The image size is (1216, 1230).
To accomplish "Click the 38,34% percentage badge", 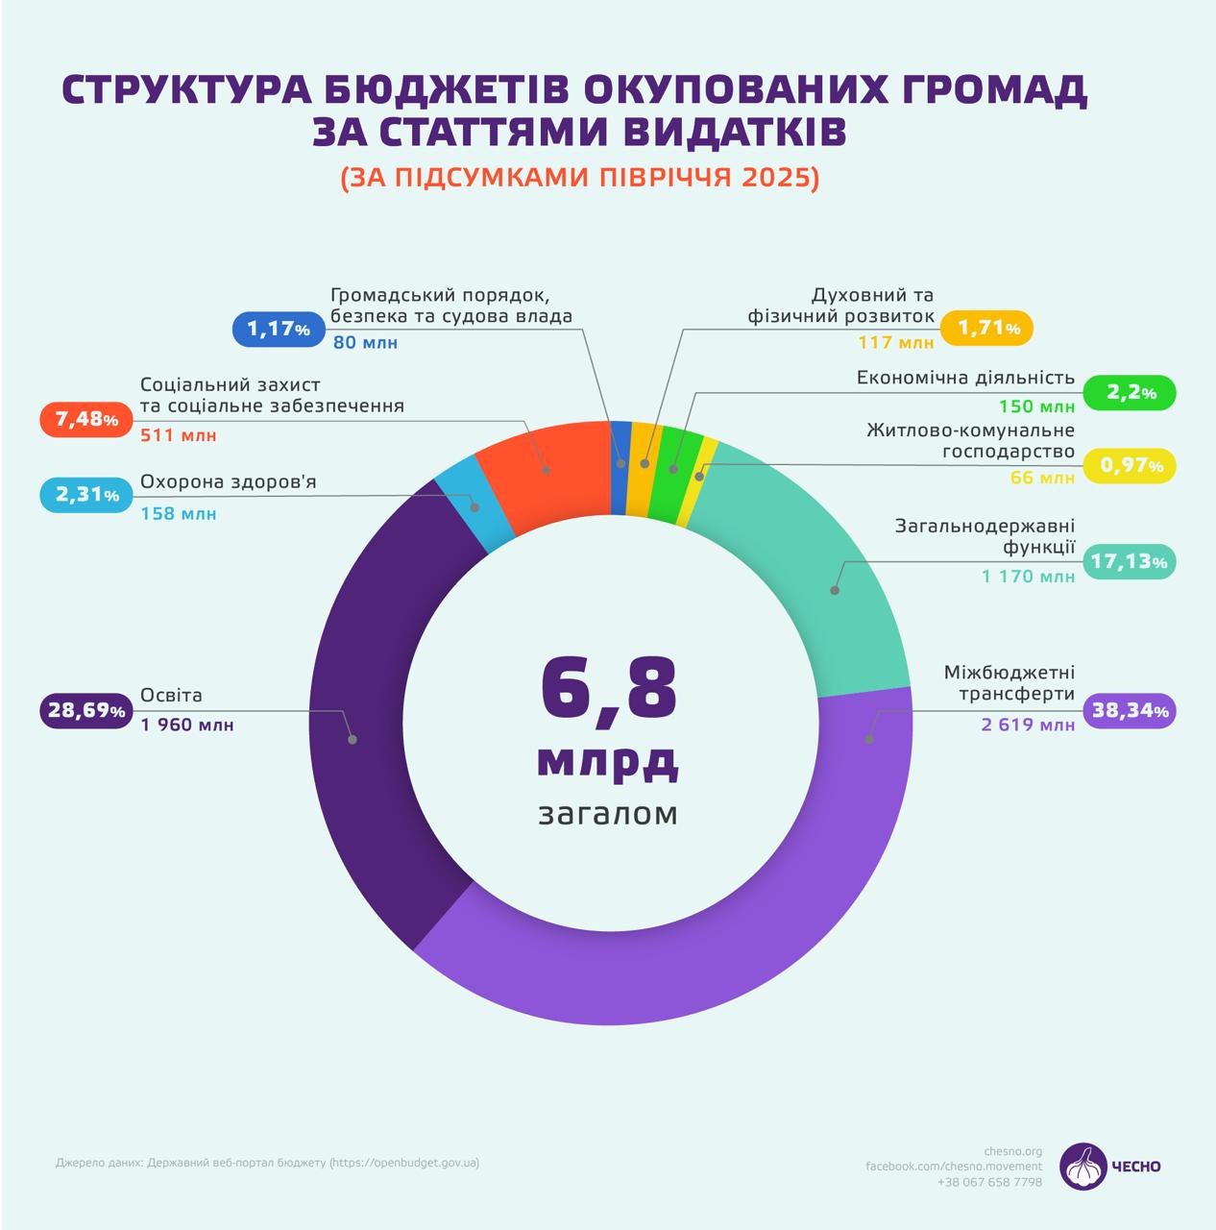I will [1129, 711].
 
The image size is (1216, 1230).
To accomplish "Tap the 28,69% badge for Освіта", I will [85, 711].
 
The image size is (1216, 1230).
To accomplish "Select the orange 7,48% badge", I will [85, 420].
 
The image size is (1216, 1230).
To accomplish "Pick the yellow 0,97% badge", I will [1129, 466].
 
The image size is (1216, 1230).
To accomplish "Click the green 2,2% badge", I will [1129, 392].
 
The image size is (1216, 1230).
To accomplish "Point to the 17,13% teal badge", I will [1129, 561].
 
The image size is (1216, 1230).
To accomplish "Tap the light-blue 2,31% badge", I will [85, 495].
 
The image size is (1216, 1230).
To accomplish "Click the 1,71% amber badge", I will [986, 328].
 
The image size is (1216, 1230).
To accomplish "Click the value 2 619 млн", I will [1028, 725].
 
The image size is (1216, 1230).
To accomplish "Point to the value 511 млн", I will [178, 435].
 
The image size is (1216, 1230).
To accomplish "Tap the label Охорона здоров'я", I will [228, 481].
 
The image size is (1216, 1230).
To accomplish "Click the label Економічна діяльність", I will [965, 378].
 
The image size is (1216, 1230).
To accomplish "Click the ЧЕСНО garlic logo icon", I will [1082, 1166].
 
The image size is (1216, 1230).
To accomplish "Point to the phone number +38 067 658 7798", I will [989, 1182].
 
